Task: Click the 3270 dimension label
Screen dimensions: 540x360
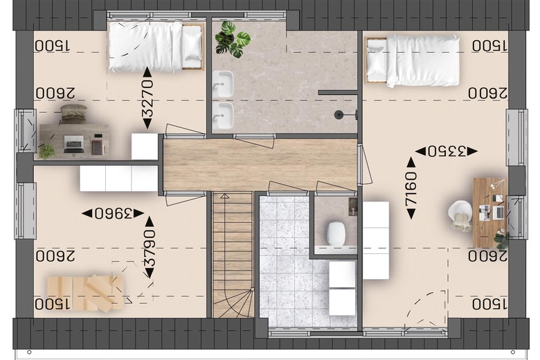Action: pyautogui.click(x=147, y=98)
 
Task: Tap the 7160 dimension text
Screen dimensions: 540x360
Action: pyautogui.click(x=411, y=188)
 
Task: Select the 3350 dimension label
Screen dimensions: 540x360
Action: pyautogui.click(x=447, y=151)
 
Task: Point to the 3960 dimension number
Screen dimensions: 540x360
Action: pyautogui.click(x=114, y=214)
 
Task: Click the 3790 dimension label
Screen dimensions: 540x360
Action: pyautogui.click(x=150, y=248)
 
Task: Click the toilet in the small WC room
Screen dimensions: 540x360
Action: pyautogui.click(x=336, y=234)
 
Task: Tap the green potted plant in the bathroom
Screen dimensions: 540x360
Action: pyautogui.click(x=233, y=39)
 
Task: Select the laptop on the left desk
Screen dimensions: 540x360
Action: pyautogui.click(x=73, y=144)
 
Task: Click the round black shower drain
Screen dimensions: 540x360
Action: pyautogui.click(x=339, y=115)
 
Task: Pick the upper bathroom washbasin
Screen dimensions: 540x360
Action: pyautogui.click(x=222, y=84)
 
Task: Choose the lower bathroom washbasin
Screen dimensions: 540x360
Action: pyautogui.click(x=222, y=116)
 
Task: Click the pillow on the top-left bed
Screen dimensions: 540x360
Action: pyautogui.click(x=192, y=46)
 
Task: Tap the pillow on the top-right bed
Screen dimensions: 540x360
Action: pyautogui.click(x=376, y=61)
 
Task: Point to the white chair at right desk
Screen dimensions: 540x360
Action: pyautogui.click(x=460, y=215)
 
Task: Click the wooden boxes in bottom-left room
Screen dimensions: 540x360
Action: pyautogui.click(x=85, y=293)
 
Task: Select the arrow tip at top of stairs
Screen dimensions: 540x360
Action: pyautogui.click(x=225, y=197)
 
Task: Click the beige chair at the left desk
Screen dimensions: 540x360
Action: pyautogui.click(x=73, y=113)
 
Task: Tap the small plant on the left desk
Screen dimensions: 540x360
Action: pyautogui.click(x=46, y=152)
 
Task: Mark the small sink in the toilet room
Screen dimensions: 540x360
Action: pyautogui.click(x=353, y=207)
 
